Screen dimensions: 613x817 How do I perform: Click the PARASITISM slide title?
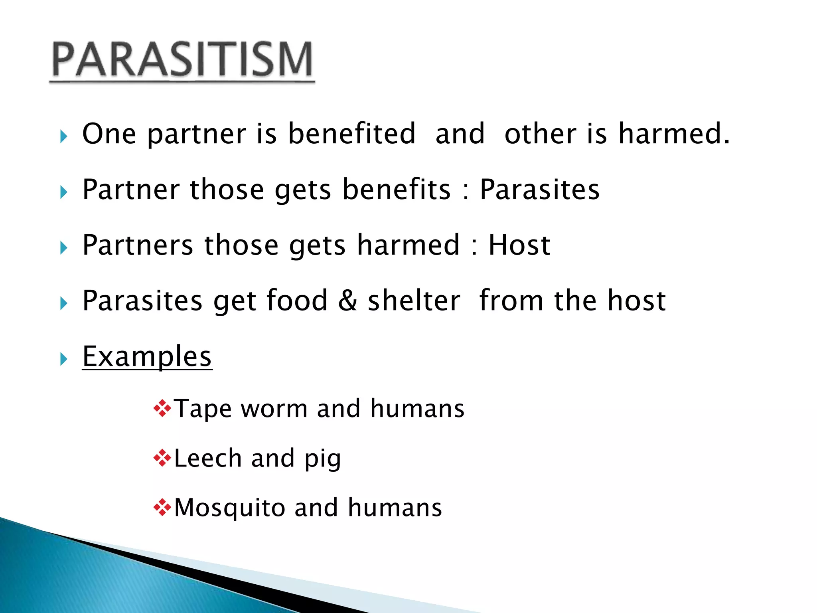click(x=182, y=60)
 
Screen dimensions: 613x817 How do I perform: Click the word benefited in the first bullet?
click(x=351, y=134)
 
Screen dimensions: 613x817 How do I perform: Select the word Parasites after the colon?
click(x=539, y=190)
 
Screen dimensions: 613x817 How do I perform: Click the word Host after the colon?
click(x=519, y=245)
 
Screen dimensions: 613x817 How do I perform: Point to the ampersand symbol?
click(x=347, y=301)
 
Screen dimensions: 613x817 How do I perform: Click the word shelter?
click(x=414, y=301)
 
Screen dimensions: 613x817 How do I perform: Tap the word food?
click(x=296, y=301)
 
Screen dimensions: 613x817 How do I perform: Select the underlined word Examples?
click(x=147, y=356)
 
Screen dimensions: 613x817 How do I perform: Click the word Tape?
click(x=203, y=409)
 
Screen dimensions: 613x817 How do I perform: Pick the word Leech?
click(x=207, y=459)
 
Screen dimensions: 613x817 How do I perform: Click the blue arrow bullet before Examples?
click(x=64, y=359)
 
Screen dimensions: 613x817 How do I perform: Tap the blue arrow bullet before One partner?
click(x=64, y=136)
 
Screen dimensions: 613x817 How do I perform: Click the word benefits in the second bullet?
click(x=396, y=190)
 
